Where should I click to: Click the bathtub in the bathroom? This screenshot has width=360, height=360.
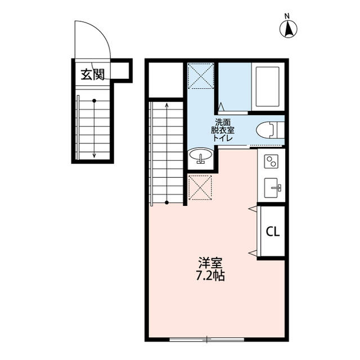[268, 87]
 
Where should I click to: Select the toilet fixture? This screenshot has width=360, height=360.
[268, 130]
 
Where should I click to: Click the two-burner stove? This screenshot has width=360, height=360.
[271, 161]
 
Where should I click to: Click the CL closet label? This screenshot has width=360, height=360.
[273, 231]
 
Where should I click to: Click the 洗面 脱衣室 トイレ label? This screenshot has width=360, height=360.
[223, 130]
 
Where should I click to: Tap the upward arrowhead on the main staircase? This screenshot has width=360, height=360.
[167, 104]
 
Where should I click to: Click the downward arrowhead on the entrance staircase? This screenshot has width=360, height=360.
[94, 155]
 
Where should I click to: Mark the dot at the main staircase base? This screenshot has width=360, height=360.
[167, 202]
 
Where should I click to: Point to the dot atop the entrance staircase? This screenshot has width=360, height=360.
[94, 101]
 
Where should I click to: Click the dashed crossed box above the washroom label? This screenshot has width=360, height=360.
[201, 76]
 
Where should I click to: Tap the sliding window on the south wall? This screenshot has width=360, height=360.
[206, 339]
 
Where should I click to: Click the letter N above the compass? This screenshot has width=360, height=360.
[287, 15]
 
